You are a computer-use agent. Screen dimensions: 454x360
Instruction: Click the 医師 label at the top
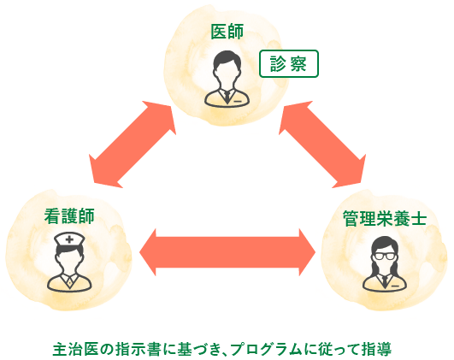(x=227, y=32)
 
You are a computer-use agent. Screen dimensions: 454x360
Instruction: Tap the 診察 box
(x=289, y=64)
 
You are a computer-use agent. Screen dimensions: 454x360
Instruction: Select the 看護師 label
(x=69, y=216)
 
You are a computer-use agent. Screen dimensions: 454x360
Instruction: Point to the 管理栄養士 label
(x=384, y=218)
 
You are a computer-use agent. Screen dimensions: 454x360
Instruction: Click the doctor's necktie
(x=227, y=97)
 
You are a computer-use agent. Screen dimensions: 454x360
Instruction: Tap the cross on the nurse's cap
(x=69, y=239)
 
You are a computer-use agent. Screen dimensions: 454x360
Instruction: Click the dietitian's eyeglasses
(x=384, y=257)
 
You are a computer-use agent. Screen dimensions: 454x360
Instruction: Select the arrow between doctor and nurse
(x=133, y=145)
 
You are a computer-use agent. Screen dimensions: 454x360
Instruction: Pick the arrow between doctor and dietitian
(x=322, y=145)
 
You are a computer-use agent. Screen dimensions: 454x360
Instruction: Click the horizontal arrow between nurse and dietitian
(x=227, y=252)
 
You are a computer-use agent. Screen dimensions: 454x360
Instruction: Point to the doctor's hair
(x=227, y=59)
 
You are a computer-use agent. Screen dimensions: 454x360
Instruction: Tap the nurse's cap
(x=69, y=239)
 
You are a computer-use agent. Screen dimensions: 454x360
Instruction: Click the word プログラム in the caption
(x=268, y=349)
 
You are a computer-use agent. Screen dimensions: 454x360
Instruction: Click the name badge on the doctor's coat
(x=238, y=102)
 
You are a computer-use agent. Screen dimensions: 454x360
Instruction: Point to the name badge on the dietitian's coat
(x=395, y=286)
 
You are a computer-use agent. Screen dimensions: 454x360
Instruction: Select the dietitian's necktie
(x=384, y=281)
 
